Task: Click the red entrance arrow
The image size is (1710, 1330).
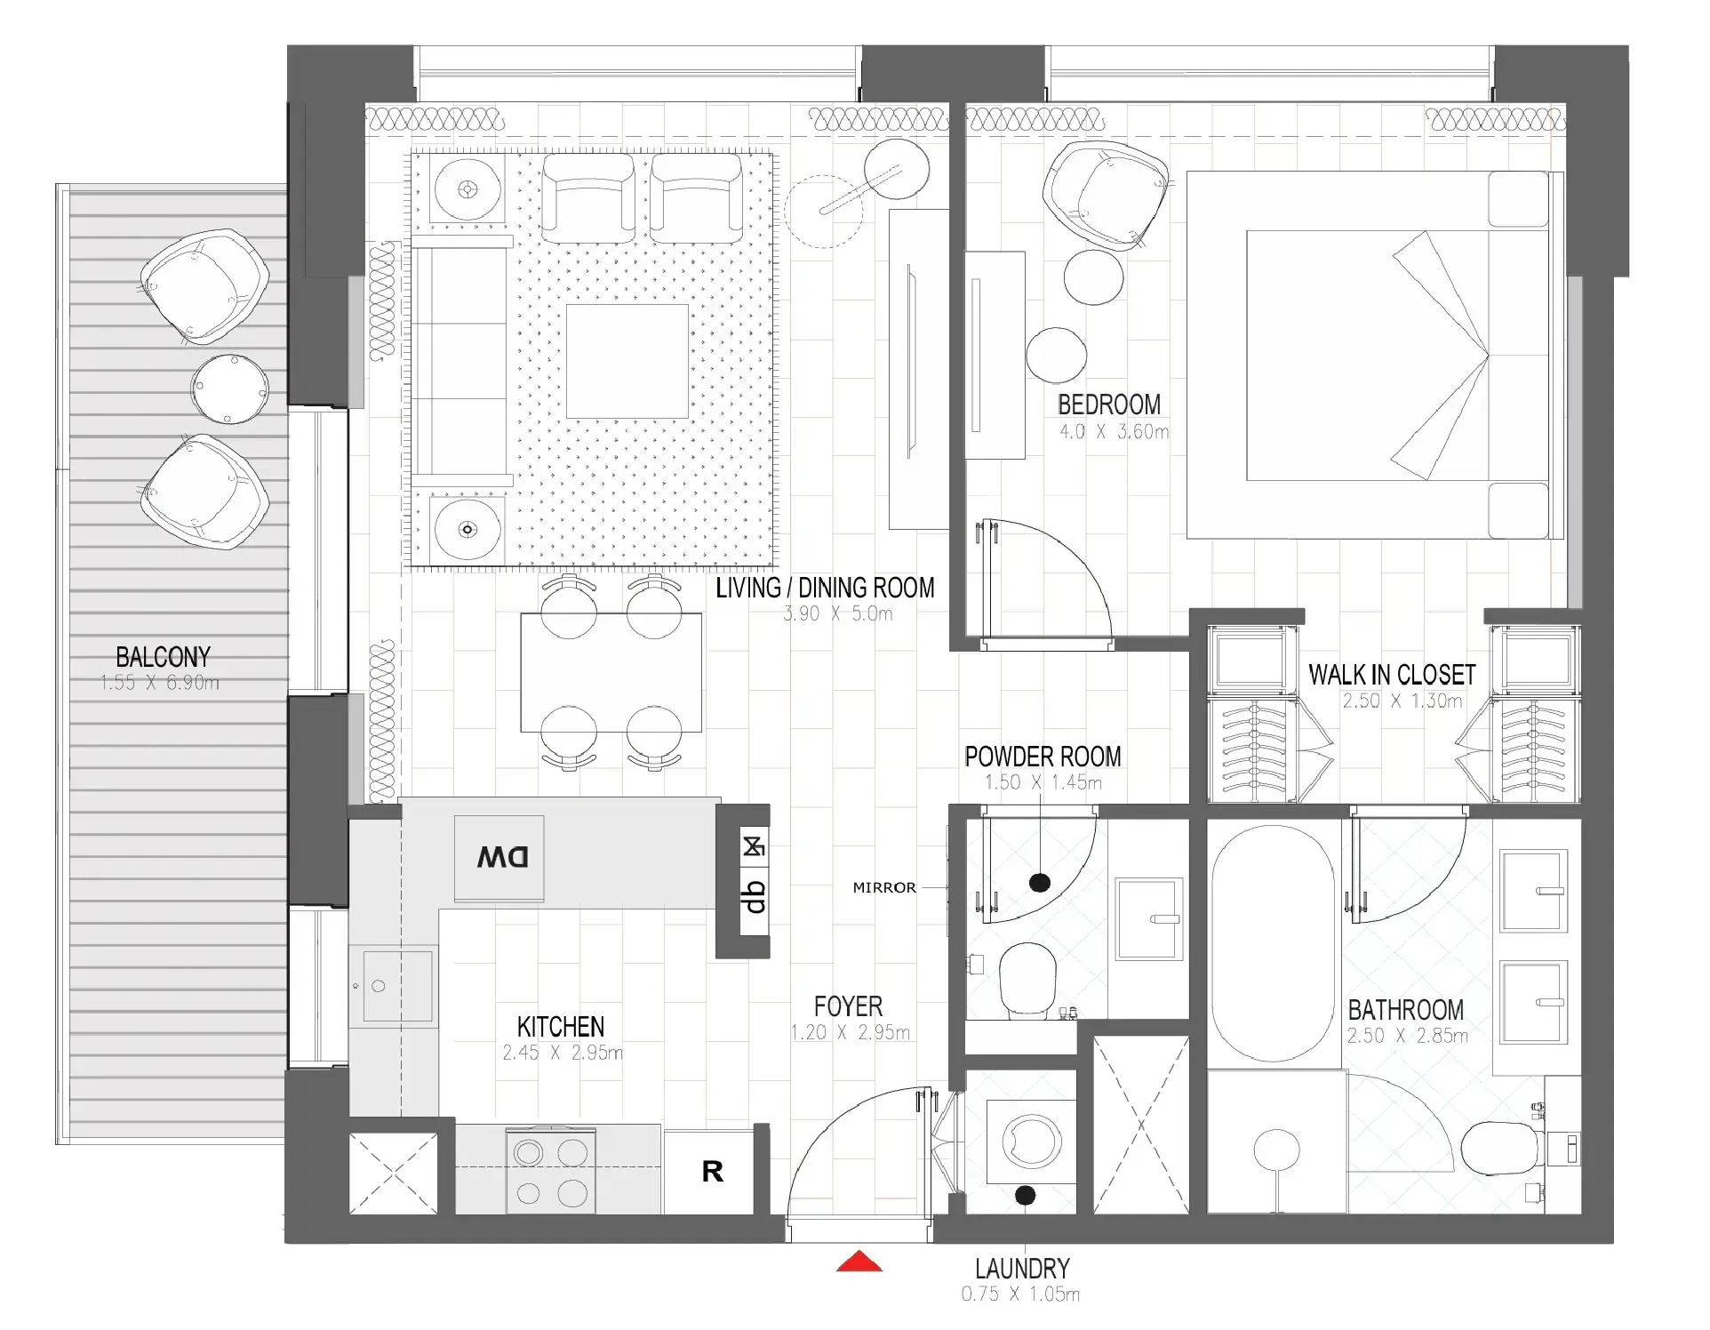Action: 859,1262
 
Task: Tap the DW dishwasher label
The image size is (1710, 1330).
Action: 502,857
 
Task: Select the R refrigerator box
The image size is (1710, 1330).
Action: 712,1172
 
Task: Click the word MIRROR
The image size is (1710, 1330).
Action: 883,887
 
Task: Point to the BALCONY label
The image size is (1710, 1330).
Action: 163,657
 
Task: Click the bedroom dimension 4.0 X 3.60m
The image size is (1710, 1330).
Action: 1114,432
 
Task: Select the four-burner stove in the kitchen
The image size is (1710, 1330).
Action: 550,1172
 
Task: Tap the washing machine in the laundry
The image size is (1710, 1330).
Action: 1031,1142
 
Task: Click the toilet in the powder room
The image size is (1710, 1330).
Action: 1027,980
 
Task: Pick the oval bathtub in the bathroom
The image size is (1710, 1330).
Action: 1272,944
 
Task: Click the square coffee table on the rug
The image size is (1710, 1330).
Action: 627,362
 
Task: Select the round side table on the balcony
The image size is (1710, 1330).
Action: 229,389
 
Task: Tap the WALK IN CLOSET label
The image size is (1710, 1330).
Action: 1391,675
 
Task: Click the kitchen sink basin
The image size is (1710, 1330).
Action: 397,986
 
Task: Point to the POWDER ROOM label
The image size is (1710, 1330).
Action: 1043,757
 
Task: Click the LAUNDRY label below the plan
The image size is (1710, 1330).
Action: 1022,1268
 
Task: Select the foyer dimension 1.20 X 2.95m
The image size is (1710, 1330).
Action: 850,1033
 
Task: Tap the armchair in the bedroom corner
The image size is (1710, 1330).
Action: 1104,196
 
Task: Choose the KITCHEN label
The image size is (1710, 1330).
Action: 561,1027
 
